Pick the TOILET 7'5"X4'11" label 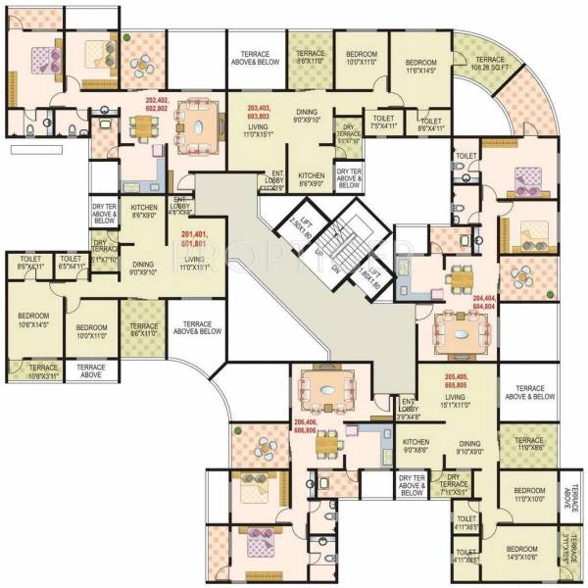382,122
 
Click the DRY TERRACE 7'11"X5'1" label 454,487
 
